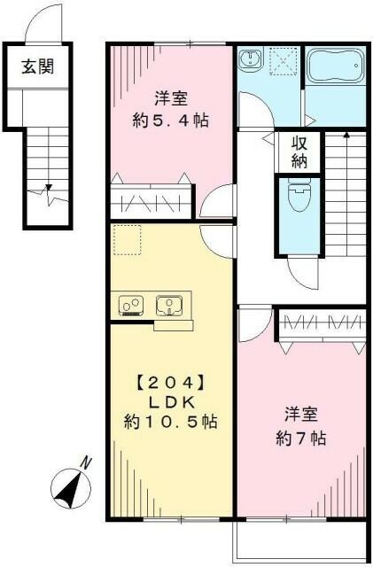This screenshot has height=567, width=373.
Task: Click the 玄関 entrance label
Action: point(37,67)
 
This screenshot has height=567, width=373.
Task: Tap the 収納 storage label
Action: point(295,151)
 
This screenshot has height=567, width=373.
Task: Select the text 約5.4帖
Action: point(174,121)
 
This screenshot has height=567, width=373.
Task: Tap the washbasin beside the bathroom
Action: point(252,61)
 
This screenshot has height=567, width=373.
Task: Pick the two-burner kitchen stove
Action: point(132,307)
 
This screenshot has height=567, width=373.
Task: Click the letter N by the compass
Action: point(86,462)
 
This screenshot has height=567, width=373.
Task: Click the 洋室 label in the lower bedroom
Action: point(301,414)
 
